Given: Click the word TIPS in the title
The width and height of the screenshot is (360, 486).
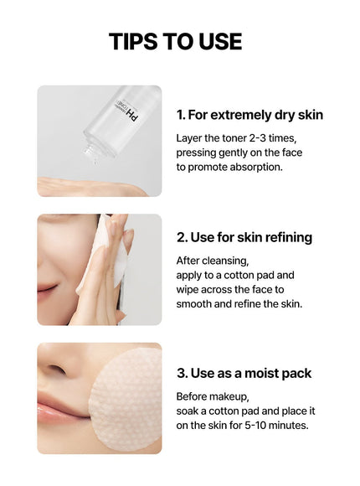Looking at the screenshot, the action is pos(133,41).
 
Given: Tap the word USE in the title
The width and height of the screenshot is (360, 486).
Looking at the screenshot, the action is pos(220,41).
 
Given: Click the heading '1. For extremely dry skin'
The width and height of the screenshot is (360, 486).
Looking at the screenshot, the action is pos(249,115).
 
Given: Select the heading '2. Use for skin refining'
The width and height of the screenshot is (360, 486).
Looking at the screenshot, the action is pos(244,237).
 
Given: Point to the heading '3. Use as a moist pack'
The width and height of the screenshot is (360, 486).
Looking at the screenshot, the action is pos(244,373).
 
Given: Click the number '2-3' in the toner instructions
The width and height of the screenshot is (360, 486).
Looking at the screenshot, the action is pos(257,138).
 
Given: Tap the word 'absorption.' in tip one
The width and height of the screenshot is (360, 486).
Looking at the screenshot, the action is pos(256,167).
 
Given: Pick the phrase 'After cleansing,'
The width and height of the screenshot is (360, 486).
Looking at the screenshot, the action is pos(213,261).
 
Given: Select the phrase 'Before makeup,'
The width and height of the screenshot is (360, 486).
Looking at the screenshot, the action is pos(213,396).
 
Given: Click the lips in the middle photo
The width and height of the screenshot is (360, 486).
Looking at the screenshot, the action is pos(47,290).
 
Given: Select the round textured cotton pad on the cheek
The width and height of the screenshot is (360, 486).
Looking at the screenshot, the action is pos(126,400).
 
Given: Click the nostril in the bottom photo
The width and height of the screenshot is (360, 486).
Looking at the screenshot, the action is pos(57,370).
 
